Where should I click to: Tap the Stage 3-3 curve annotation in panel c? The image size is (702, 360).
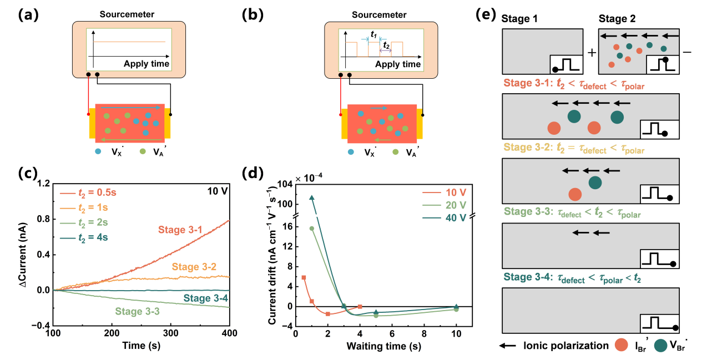[138, 311]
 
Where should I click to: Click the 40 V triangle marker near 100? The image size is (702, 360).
[312, 198]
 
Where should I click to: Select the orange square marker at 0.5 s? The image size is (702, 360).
[304, 277]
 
